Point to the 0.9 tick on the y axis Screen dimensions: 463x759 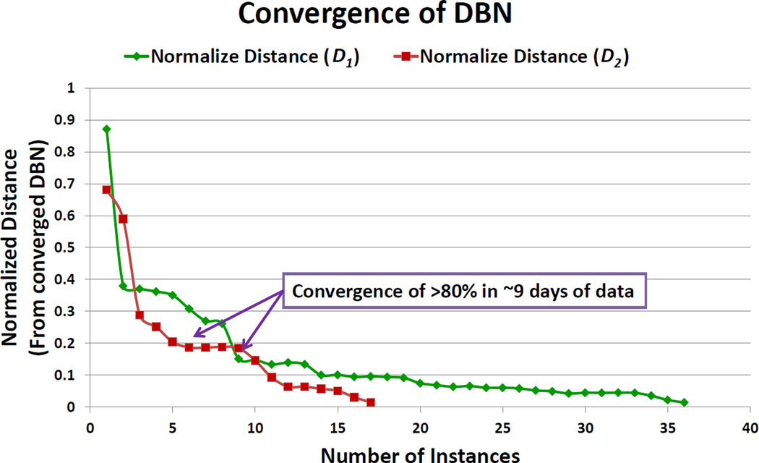[x=71, y=120]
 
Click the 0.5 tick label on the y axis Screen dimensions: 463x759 [x=71, y=247]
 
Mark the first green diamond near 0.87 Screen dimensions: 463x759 [x=107, y=129]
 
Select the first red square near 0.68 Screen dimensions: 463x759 [x=107, y=190]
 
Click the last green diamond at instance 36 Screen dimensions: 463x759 [x=684, y=402]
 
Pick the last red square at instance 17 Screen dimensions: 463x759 [x=371, y=402]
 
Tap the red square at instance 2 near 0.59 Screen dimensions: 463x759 [x=123, y=218]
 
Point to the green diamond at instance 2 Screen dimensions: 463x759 [x=123, y=286]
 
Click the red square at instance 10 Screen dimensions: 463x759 [x=255, y=360]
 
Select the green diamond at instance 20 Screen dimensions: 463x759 [x=420, y=383]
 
